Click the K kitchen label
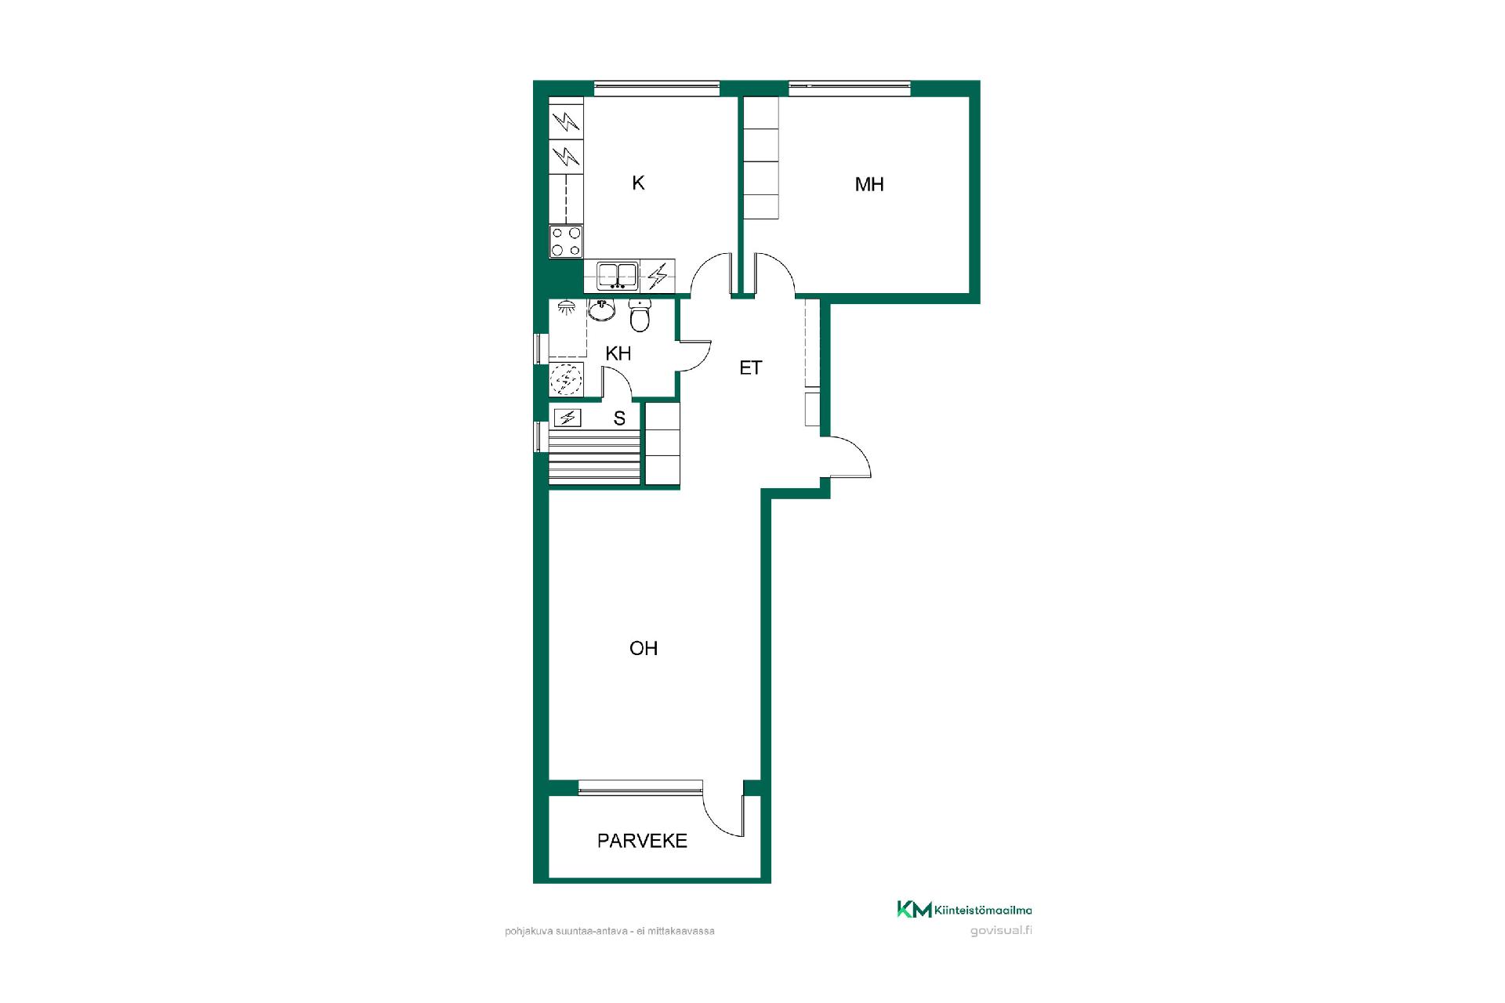638,183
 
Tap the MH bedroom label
869,184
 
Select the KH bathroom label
618,353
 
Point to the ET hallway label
750,368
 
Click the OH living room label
644,648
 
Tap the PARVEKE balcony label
642,841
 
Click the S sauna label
619,418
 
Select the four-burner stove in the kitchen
566,241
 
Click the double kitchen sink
618,276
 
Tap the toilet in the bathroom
640,316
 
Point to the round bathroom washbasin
601,310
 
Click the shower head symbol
565,307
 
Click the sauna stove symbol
567,418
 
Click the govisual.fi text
1001,931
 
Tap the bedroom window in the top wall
850,89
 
